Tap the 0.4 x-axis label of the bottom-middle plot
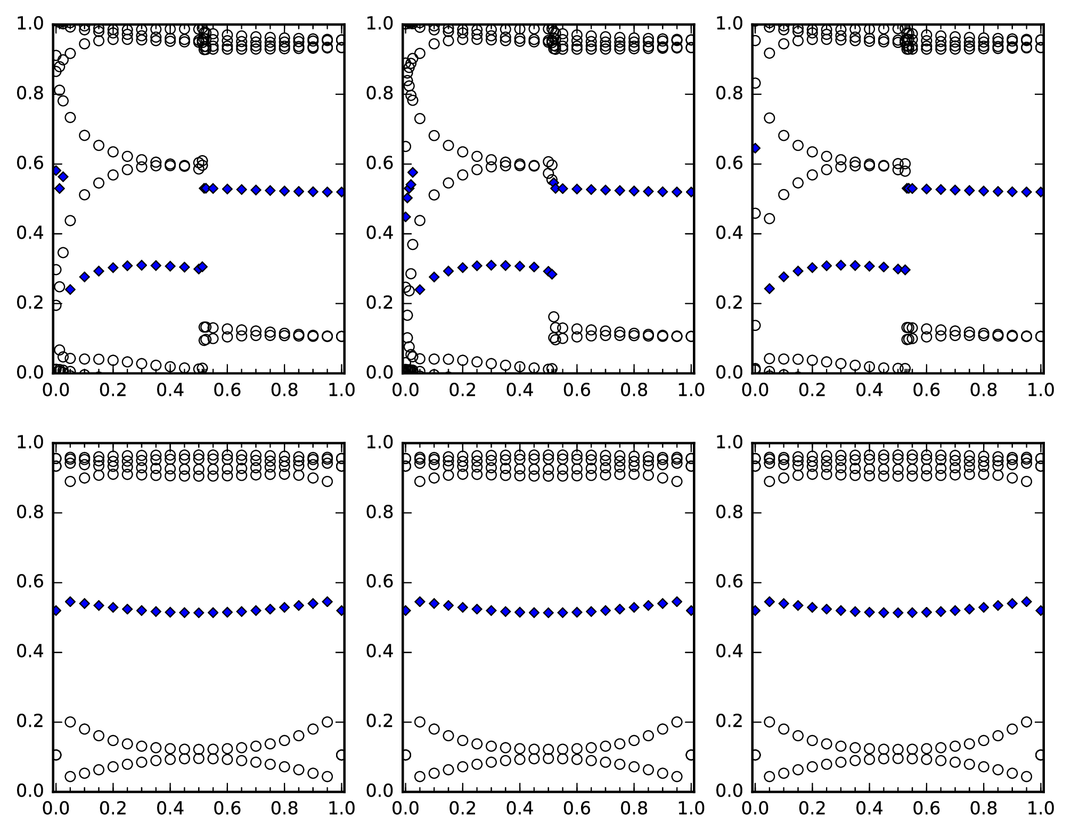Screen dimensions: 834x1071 point(519,809)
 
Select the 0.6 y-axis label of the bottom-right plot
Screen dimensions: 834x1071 point(727,582)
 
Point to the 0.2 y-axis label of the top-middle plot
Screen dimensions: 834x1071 point(378,303)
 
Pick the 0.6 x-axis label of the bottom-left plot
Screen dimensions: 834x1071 point(227,809)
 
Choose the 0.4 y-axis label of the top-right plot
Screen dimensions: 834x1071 point(727,233)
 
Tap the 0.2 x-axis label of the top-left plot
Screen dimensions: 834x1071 point(113,391)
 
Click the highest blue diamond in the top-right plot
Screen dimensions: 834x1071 point(755,148)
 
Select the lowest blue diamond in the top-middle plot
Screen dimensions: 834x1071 point(420,289)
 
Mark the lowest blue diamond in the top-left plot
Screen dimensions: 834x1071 point(70,289)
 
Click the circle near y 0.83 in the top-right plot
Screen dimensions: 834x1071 point(755,83)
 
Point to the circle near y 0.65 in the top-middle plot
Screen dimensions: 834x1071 point(406,147)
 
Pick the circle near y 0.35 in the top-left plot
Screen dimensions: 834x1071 point(63,252)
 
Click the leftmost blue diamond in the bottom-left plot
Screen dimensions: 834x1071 point(56,610)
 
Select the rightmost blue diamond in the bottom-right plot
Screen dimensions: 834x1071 point(1041,610)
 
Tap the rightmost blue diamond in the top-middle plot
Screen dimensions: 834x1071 point(691,192)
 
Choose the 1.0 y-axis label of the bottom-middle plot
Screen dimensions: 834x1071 point(378,443)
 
